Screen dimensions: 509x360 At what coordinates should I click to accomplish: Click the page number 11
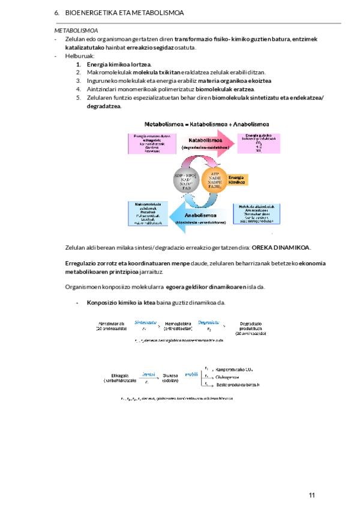click(x=311, y=495)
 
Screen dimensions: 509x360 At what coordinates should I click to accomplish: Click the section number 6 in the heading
click(x=56, y=13)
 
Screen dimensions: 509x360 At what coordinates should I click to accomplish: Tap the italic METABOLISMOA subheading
click(x=76, y=30)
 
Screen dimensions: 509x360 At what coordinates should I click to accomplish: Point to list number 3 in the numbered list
click(x=78, y=81)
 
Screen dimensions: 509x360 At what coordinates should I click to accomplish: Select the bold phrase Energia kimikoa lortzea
click(x=119, y=64)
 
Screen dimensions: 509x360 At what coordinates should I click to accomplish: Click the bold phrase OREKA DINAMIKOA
click(x=281, y=247)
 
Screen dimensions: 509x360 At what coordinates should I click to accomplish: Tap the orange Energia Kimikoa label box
click(x=238, y=179)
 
